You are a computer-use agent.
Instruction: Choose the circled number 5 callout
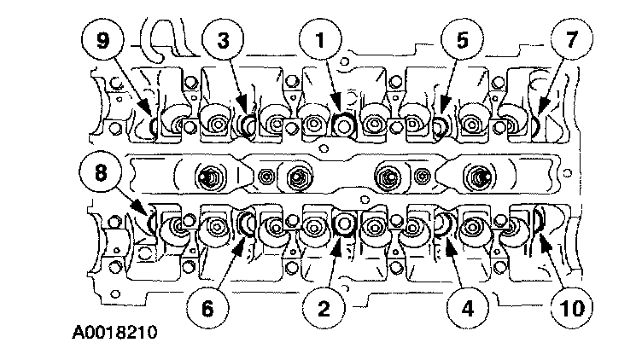(460, 40)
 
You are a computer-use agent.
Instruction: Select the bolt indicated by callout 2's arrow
(344, 224)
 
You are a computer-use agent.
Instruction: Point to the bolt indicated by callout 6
(246, 224)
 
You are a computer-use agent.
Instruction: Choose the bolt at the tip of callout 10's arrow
(538, 224)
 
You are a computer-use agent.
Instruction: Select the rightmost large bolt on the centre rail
(476, 178)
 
